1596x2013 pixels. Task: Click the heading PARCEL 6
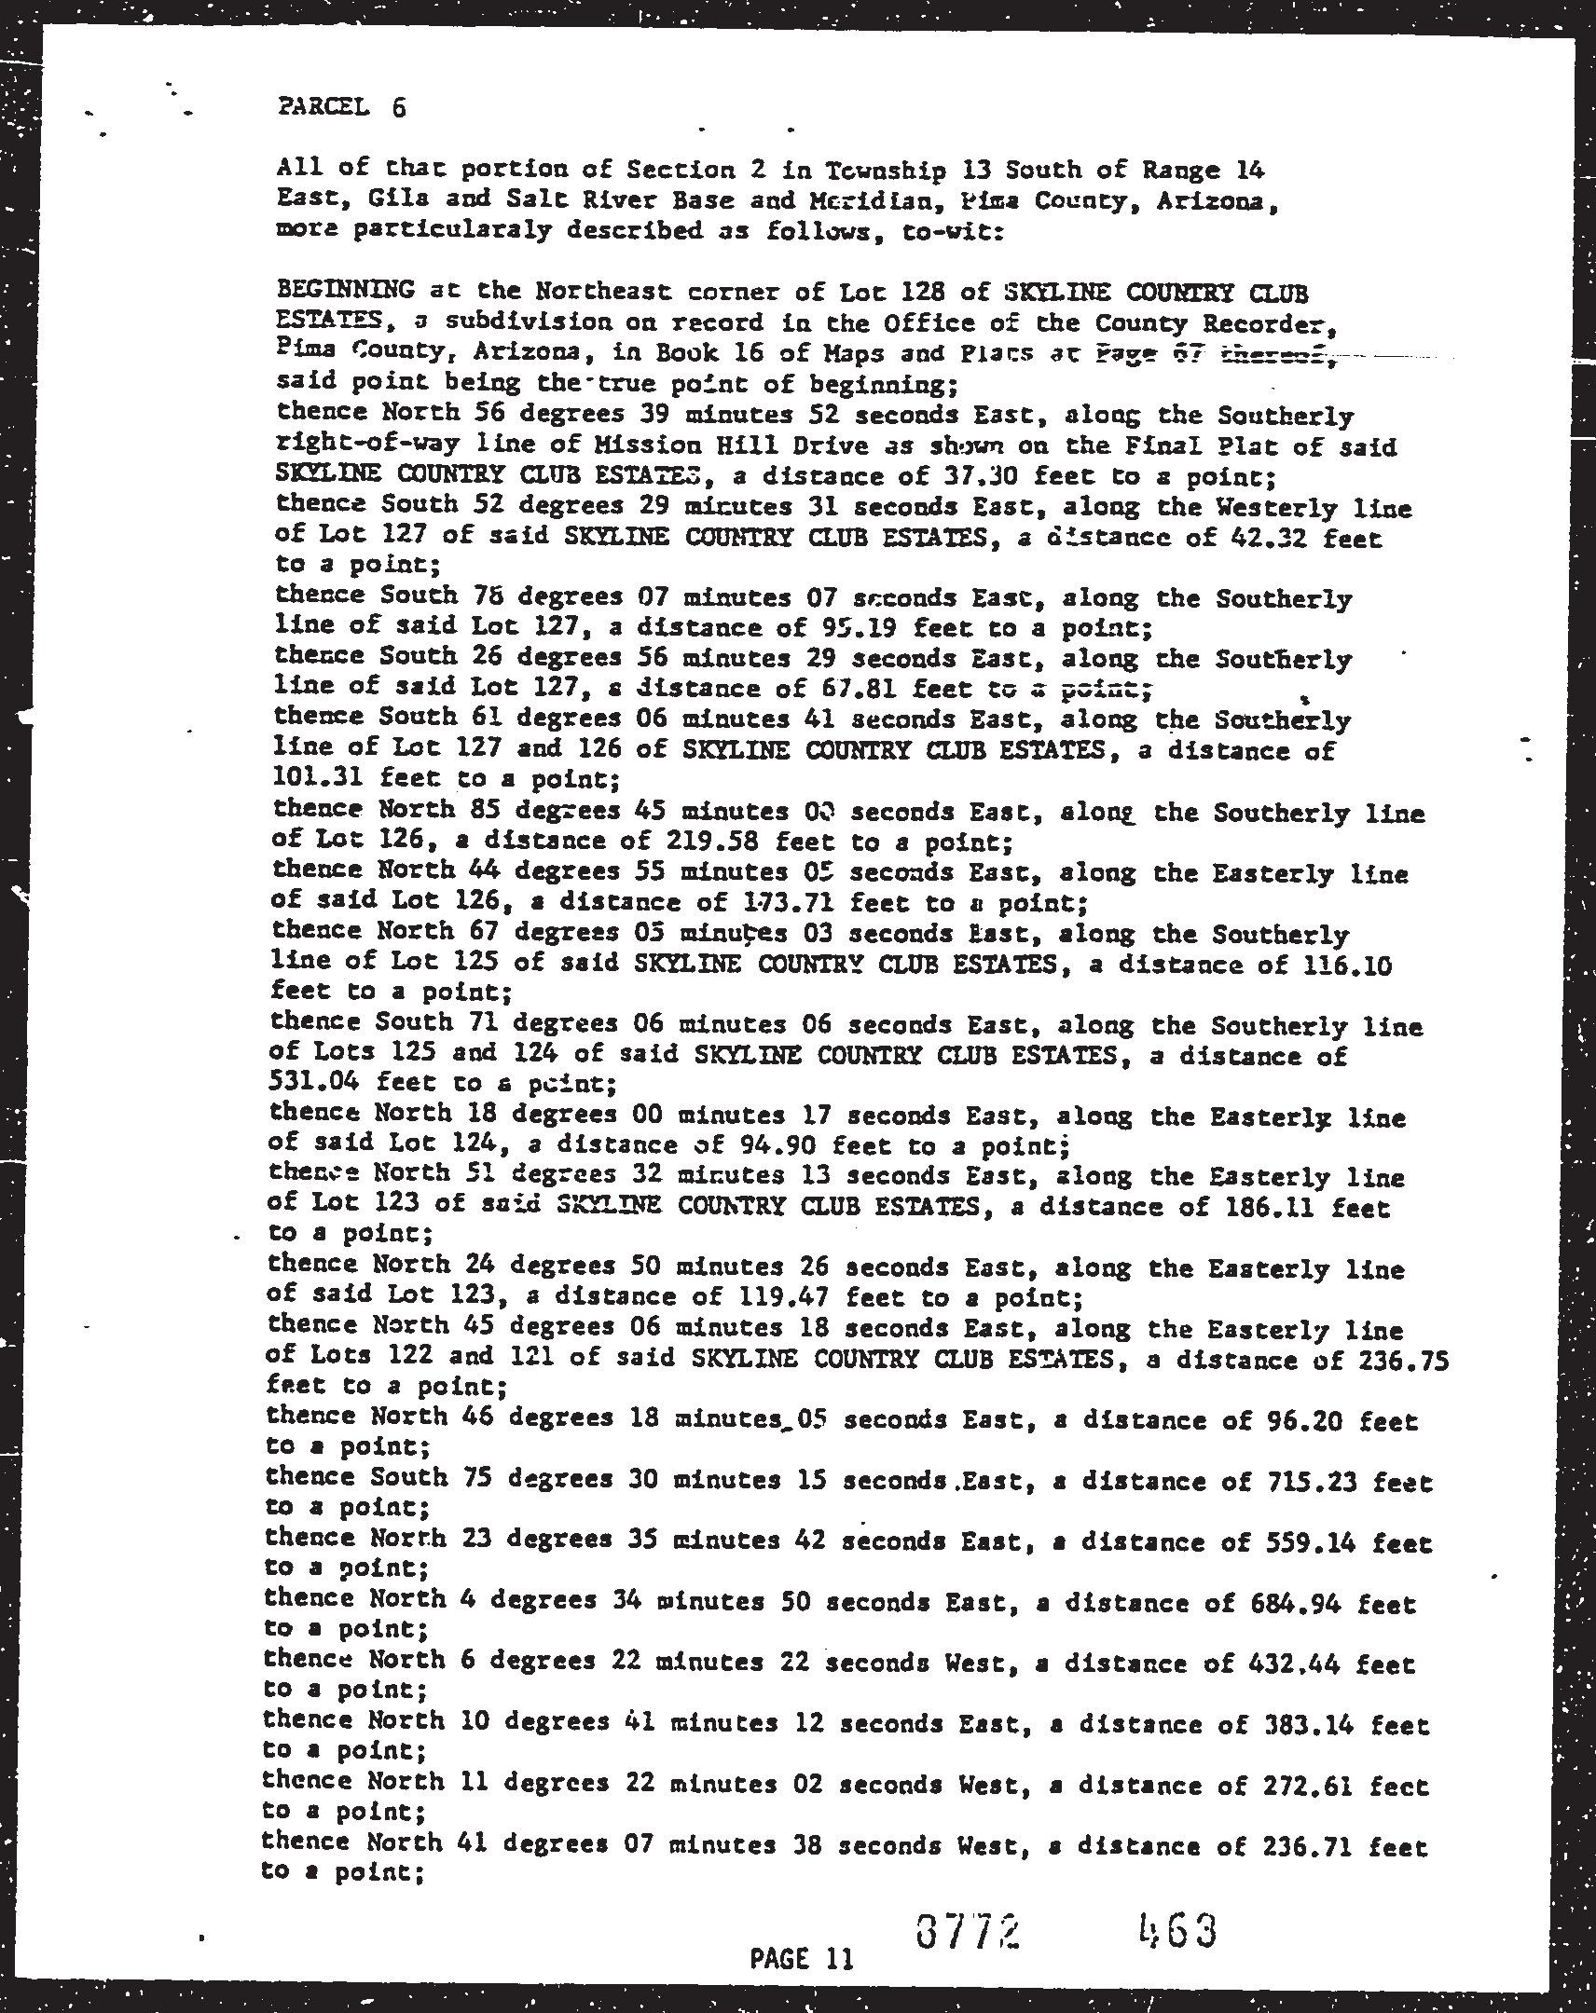point(342,107)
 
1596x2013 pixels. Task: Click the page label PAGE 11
point(802,1957)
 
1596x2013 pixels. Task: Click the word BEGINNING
point(346,292)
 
